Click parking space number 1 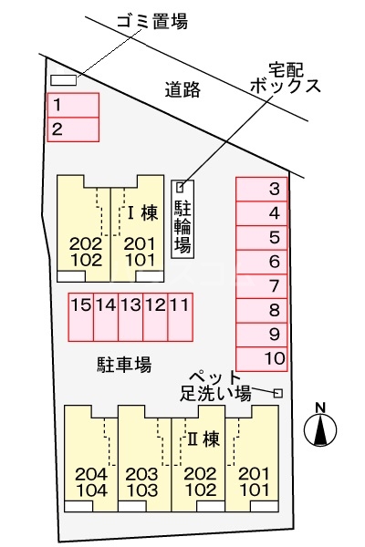coord(72,104)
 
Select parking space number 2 coord(72,129)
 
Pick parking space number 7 coord(263,285)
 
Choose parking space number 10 coord(263,357)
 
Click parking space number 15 coord(80,315)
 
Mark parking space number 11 coord(180,315)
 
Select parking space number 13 coord(130,315)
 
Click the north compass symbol coord(320,426)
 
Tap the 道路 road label coord(182,89)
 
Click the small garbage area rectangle coord(64,79)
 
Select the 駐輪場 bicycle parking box coord(182,219)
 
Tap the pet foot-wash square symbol coord(277,393)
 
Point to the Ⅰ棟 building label coord(142,215)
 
